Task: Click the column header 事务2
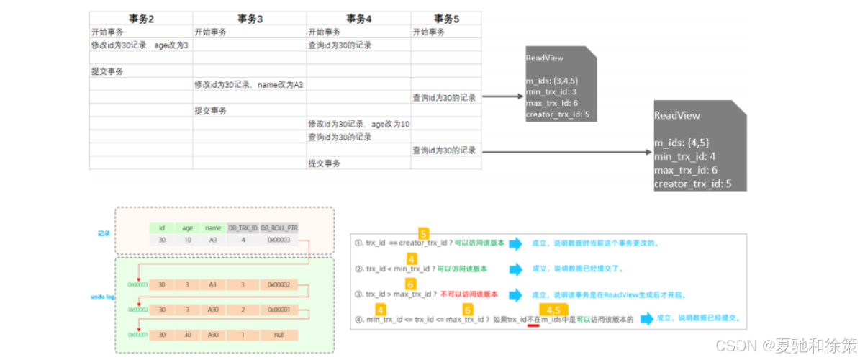141,19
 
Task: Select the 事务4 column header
358,19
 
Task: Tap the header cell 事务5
446,19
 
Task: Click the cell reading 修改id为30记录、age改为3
140,45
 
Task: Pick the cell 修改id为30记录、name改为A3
248,84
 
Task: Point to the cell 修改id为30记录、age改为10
358,124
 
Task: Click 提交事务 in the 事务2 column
107,71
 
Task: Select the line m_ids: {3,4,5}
552,81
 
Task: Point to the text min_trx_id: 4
684,156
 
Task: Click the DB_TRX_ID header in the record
243,228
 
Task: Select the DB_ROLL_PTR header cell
279,228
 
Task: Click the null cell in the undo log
279,335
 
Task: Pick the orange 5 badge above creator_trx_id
424,234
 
